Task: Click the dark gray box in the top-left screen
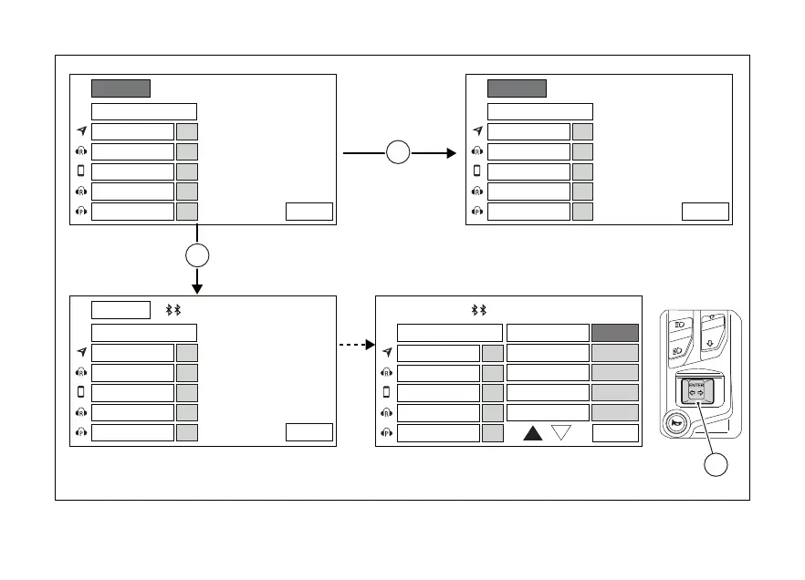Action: click(120, 88)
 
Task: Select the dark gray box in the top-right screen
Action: click(517, 88)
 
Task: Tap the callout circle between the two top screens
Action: click(397, 153)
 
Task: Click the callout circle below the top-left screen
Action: click(197, 255)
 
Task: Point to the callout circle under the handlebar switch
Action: click(716, 465)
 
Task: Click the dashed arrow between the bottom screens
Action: click(357, 345)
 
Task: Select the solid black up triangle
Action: click(534, 433)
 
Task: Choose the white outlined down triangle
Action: click(562, 433)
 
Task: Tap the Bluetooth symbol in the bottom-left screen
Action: click(172, 310)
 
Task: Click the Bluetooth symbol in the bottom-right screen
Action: click(478, 310)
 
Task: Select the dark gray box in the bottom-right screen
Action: click(614, 333)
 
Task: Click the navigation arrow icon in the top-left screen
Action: click(80, 131)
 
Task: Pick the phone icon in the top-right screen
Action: click(476, 171)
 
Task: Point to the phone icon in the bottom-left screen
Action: click(80, 392)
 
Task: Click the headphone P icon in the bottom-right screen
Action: click(386, 432)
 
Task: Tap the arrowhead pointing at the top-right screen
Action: click(450, 153)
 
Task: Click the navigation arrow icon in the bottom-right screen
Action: click(386, 353)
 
